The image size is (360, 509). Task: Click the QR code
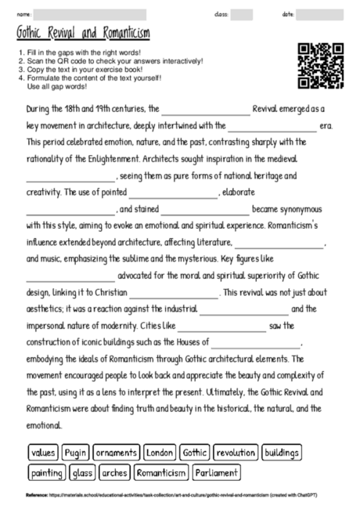coord(321,67)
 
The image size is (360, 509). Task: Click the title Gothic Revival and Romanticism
coord(83,34)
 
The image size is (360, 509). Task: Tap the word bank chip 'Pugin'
coord(75,453)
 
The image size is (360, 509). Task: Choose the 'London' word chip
coord(160,453)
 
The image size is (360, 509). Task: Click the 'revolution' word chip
coord(236,453)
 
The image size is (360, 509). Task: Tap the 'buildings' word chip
coord(282,453)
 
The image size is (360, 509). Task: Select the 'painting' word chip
coord(46,473)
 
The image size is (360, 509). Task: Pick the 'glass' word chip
coord(81,473)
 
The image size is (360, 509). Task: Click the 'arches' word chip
coord(114,473)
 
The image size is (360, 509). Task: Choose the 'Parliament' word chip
coord(217,473)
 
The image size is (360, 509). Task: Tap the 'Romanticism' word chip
coord(161,473)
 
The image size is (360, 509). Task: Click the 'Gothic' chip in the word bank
coord(194,453)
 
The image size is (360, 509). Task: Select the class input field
coord(242,14)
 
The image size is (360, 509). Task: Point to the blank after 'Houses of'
coord(255,343)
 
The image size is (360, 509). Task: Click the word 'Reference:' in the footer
coord(36,496)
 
